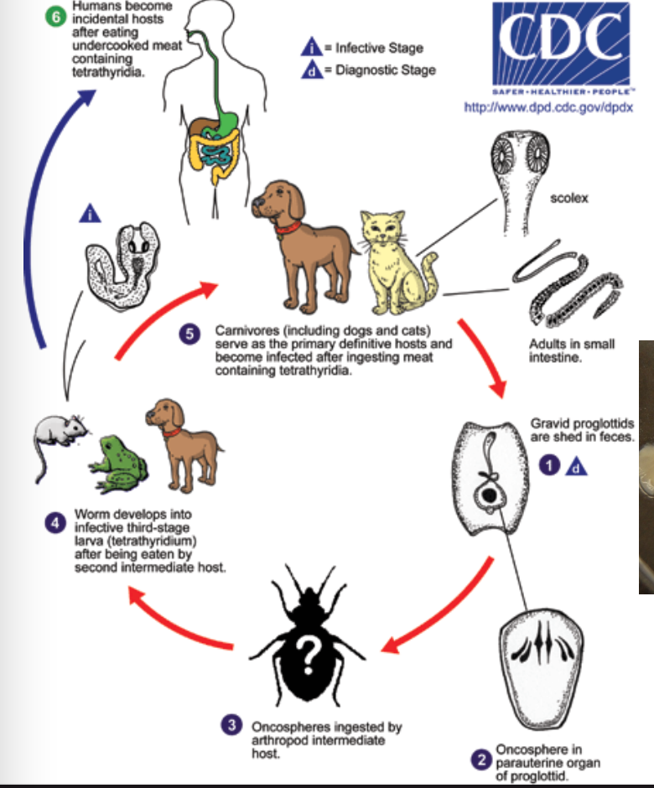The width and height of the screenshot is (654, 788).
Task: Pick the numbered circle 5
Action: pyautogui.click(x=189, y=334)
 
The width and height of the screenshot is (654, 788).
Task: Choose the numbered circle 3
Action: pyautogui.click(x=232, y=725)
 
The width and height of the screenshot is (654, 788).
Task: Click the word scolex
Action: pyautogui.click(x=569, y=199)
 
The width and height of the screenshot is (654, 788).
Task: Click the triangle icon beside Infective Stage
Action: pyautogui.click(x=313, y=49)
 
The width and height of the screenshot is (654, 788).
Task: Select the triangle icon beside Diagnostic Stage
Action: pyautogui.click(x=313, y=70)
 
